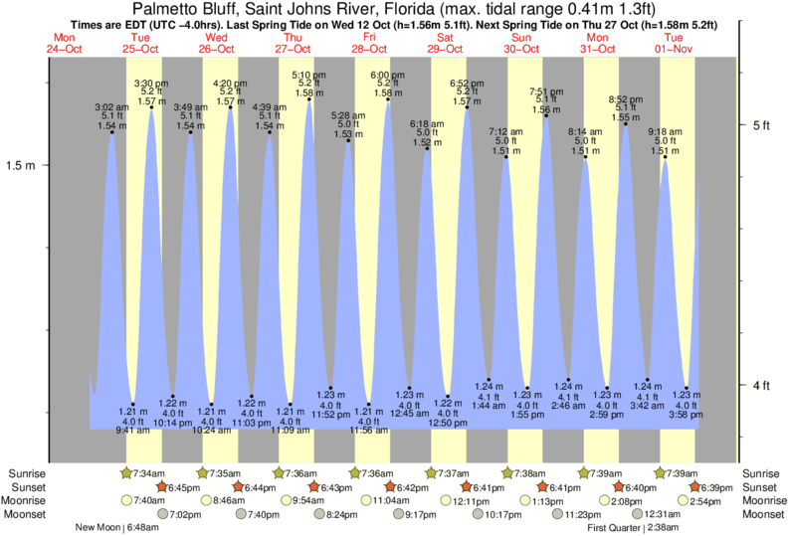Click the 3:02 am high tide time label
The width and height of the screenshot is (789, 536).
pyautogui.click(x=110, y=106)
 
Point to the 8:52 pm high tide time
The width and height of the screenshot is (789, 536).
pyautogui.click(x=625, y=98)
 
